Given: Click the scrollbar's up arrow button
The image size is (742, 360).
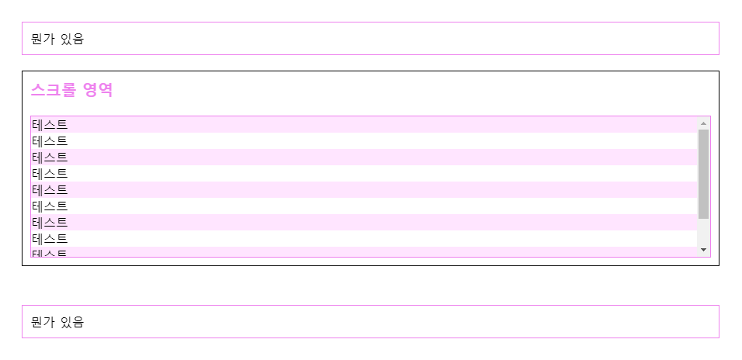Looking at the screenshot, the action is point(703,123).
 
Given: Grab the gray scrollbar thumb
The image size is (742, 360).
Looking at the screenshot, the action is point(703,174).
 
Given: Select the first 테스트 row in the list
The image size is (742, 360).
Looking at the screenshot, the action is point(50,125).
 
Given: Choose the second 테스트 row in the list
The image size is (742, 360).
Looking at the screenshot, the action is point(50,141).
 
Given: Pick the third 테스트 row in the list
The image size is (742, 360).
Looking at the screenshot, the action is point(50,157).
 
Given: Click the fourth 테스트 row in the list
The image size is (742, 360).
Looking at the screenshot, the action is point(50,174).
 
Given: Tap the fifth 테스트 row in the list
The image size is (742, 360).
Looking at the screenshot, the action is point(50,190).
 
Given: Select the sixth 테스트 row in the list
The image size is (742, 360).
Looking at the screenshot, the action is point(50,206).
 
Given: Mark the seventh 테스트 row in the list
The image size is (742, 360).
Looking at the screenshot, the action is point(50,223).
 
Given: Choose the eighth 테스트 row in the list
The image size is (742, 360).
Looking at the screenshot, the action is point(50,239).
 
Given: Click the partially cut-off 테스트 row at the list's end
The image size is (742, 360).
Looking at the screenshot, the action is point(50,252).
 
